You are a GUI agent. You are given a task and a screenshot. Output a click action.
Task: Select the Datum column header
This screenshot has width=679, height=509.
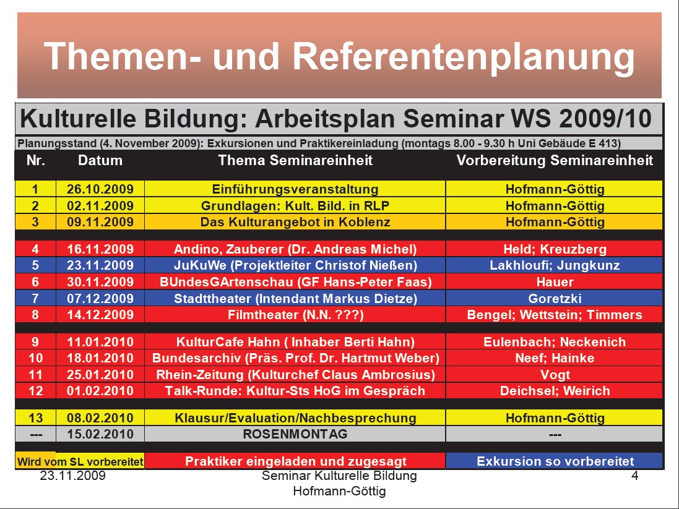[100, 160]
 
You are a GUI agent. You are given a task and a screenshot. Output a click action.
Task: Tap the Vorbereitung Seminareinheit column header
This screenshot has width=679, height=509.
[555, 160]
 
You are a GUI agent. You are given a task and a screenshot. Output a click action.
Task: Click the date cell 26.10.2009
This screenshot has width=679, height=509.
[100, 189]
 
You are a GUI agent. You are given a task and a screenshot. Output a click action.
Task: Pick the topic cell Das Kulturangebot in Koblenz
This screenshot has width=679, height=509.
[295, 222]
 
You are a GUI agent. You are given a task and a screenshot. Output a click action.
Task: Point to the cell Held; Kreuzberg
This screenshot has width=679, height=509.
[555, 249]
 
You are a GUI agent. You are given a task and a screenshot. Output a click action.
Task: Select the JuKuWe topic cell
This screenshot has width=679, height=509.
[295, 265]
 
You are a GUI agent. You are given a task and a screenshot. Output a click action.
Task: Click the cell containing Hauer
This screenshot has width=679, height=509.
[555, 282]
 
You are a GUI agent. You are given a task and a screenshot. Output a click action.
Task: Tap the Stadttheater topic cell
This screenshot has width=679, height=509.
[295, 298]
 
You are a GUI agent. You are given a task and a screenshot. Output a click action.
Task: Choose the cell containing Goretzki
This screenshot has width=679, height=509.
[555, 298]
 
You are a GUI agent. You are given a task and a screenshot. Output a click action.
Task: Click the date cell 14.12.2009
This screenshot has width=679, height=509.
[100, 315]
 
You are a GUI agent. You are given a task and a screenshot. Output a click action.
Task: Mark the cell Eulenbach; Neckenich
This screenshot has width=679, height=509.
[555, 342]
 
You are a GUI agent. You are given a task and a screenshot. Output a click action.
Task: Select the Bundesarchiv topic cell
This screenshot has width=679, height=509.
[295, 358]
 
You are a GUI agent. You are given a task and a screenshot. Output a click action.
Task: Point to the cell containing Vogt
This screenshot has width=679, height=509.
[555, 375]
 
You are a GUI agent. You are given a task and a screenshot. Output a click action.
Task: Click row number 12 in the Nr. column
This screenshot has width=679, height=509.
[35, 391]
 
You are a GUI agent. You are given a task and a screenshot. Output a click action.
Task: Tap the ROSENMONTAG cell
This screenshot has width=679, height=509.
[295, 434]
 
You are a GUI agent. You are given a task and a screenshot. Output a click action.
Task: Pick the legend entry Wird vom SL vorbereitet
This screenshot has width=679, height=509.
[80, 461]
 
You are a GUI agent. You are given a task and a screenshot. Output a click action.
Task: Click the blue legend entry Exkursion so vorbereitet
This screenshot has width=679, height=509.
[555, 461]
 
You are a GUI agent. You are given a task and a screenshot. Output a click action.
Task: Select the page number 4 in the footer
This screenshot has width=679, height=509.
[634, 476]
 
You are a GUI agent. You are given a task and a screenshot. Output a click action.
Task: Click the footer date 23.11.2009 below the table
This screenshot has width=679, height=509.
[73, 476]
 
